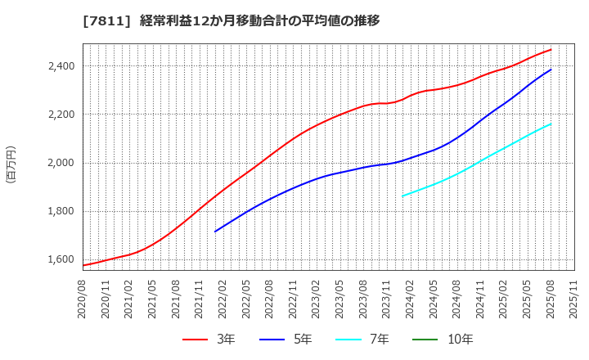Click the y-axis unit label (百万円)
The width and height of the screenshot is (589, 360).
coord(11,164)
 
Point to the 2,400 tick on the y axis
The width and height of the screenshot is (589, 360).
coord(58,66)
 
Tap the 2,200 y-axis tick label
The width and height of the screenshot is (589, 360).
coord(58,115)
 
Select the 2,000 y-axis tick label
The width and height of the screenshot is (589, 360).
coord(58,163)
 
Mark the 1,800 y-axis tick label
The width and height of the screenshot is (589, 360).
coord(58,211)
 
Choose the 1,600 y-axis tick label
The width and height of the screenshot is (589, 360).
coord(58,259)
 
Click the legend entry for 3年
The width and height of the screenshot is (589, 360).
coord(209,340)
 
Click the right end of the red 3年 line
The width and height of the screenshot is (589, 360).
coord(551,49)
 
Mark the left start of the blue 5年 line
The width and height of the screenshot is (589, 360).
coord(215,232)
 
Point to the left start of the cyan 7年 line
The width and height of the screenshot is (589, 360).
coord(402,196)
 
